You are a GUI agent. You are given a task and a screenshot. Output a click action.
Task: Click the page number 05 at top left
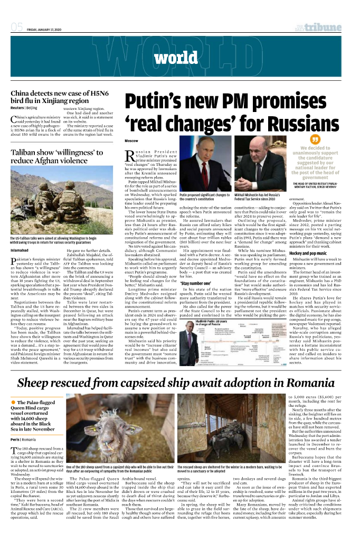[x=16, y=27]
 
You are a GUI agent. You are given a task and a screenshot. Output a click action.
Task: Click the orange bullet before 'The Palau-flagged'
[x=12, y=418]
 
